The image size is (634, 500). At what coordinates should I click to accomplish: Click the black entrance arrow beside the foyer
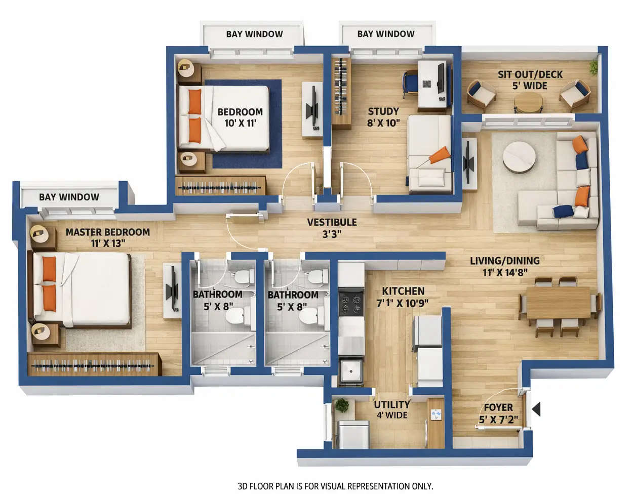tap(536, 409)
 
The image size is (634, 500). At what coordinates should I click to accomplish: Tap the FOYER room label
tap(498, 407)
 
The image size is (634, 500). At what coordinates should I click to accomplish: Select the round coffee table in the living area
tap(519, 156)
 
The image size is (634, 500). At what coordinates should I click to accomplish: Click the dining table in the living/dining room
tap(558, 303)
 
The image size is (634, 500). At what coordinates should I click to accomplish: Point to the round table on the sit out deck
tap(528, 102)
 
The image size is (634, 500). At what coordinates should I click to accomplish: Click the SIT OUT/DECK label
tap(530, 75)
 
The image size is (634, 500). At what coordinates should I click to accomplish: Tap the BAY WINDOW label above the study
tap(385, 34)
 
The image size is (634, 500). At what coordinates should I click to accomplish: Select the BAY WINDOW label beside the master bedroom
tap(69, 197)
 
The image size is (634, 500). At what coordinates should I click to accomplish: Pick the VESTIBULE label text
tap(332, 222)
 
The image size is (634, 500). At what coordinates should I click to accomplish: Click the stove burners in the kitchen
tap(350, 303)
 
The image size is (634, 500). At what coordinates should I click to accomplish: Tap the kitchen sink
tap(350, 371)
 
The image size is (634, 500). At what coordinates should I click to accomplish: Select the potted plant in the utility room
tap(342, 405)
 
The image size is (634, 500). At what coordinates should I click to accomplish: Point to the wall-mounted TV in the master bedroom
tap(173, 291)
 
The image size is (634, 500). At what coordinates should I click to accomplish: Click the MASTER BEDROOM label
tap(107, 232)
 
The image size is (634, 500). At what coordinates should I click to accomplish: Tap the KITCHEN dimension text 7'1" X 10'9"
tap(402, 303)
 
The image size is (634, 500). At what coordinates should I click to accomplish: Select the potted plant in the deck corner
tap(593, 66)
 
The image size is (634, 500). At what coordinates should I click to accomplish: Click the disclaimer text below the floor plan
tap(335, 486)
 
